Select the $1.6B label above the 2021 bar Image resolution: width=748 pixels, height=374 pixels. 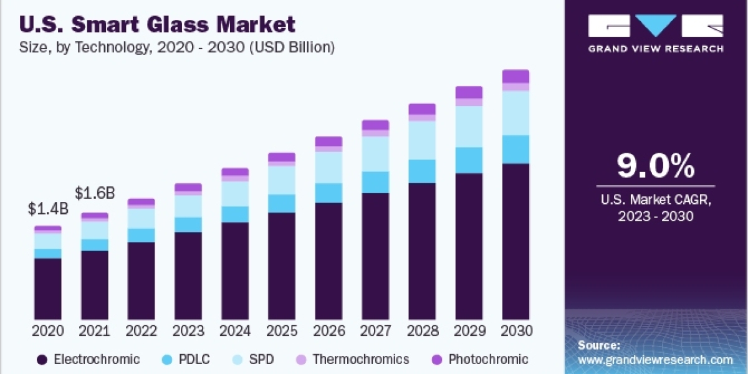pyautogui.click(x=95, y=193)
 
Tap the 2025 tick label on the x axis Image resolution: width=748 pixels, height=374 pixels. pyautogui.click(x=282, y=330)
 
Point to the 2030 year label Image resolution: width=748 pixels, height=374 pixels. pyautogui.click(x=515, y=330)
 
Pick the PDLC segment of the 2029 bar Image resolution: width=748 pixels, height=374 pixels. pyautogui.click(x=469, y=160)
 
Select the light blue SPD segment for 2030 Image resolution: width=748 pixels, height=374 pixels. pyautogui.click(x=515, y=113)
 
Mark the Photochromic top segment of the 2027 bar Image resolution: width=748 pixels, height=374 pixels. pyautogui.click(x=375, y=125)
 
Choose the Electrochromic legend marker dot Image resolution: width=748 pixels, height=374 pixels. pyautogui.click(x=42, y=360)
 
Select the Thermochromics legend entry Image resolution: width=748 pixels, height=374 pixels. pyautogui.click(x=360, y=360)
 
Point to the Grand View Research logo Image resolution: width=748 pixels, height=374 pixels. pyautogui.click(x=656, y=33)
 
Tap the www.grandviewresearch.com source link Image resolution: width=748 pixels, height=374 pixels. pyautogui.click(x=655, y=360)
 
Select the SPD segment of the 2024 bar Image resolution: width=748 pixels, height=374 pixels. pyautogui.click(x=235, y=194)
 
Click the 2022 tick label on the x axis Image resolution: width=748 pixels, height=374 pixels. pyautogui.click(x=141, y=330)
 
